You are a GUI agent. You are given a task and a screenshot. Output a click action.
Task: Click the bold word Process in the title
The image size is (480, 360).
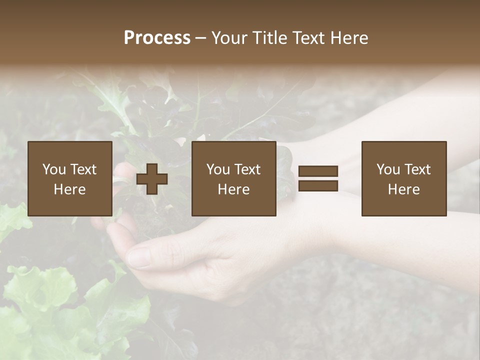(x=157, y=38)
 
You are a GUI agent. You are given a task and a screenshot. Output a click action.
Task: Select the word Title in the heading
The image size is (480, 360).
(x=270, y=38)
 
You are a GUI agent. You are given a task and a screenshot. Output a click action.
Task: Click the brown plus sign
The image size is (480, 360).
(x=152, y=179)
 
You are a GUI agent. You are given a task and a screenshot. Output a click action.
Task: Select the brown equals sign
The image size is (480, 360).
(x=318, y=178)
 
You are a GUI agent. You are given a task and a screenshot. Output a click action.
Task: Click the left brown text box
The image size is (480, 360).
(x=69, y=178)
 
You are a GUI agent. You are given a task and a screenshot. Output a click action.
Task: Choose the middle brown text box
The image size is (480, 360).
(x=233, y=178)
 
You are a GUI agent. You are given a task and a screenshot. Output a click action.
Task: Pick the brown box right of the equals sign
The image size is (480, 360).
(x=403, y=178)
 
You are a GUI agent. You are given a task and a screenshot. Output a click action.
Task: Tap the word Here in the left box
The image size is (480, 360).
(x=69, y=189)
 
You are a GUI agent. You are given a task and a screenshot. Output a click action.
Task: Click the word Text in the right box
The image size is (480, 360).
(x=417, y=169)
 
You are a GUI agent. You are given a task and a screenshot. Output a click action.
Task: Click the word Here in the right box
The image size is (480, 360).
(x=403, y=189)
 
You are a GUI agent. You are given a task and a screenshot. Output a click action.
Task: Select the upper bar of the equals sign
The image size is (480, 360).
(x=318, y=171)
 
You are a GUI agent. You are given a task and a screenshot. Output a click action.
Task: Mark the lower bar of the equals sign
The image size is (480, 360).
(x=318, y=186)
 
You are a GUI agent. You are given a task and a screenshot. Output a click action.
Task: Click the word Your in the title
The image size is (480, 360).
(x=230, y=38)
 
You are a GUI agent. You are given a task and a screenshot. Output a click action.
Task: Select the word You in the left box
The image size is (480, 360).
(x=54, y=169)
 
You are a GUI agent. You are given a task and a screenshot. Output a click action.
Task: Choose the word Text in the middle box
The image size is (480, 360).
(x=247, y=169)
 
